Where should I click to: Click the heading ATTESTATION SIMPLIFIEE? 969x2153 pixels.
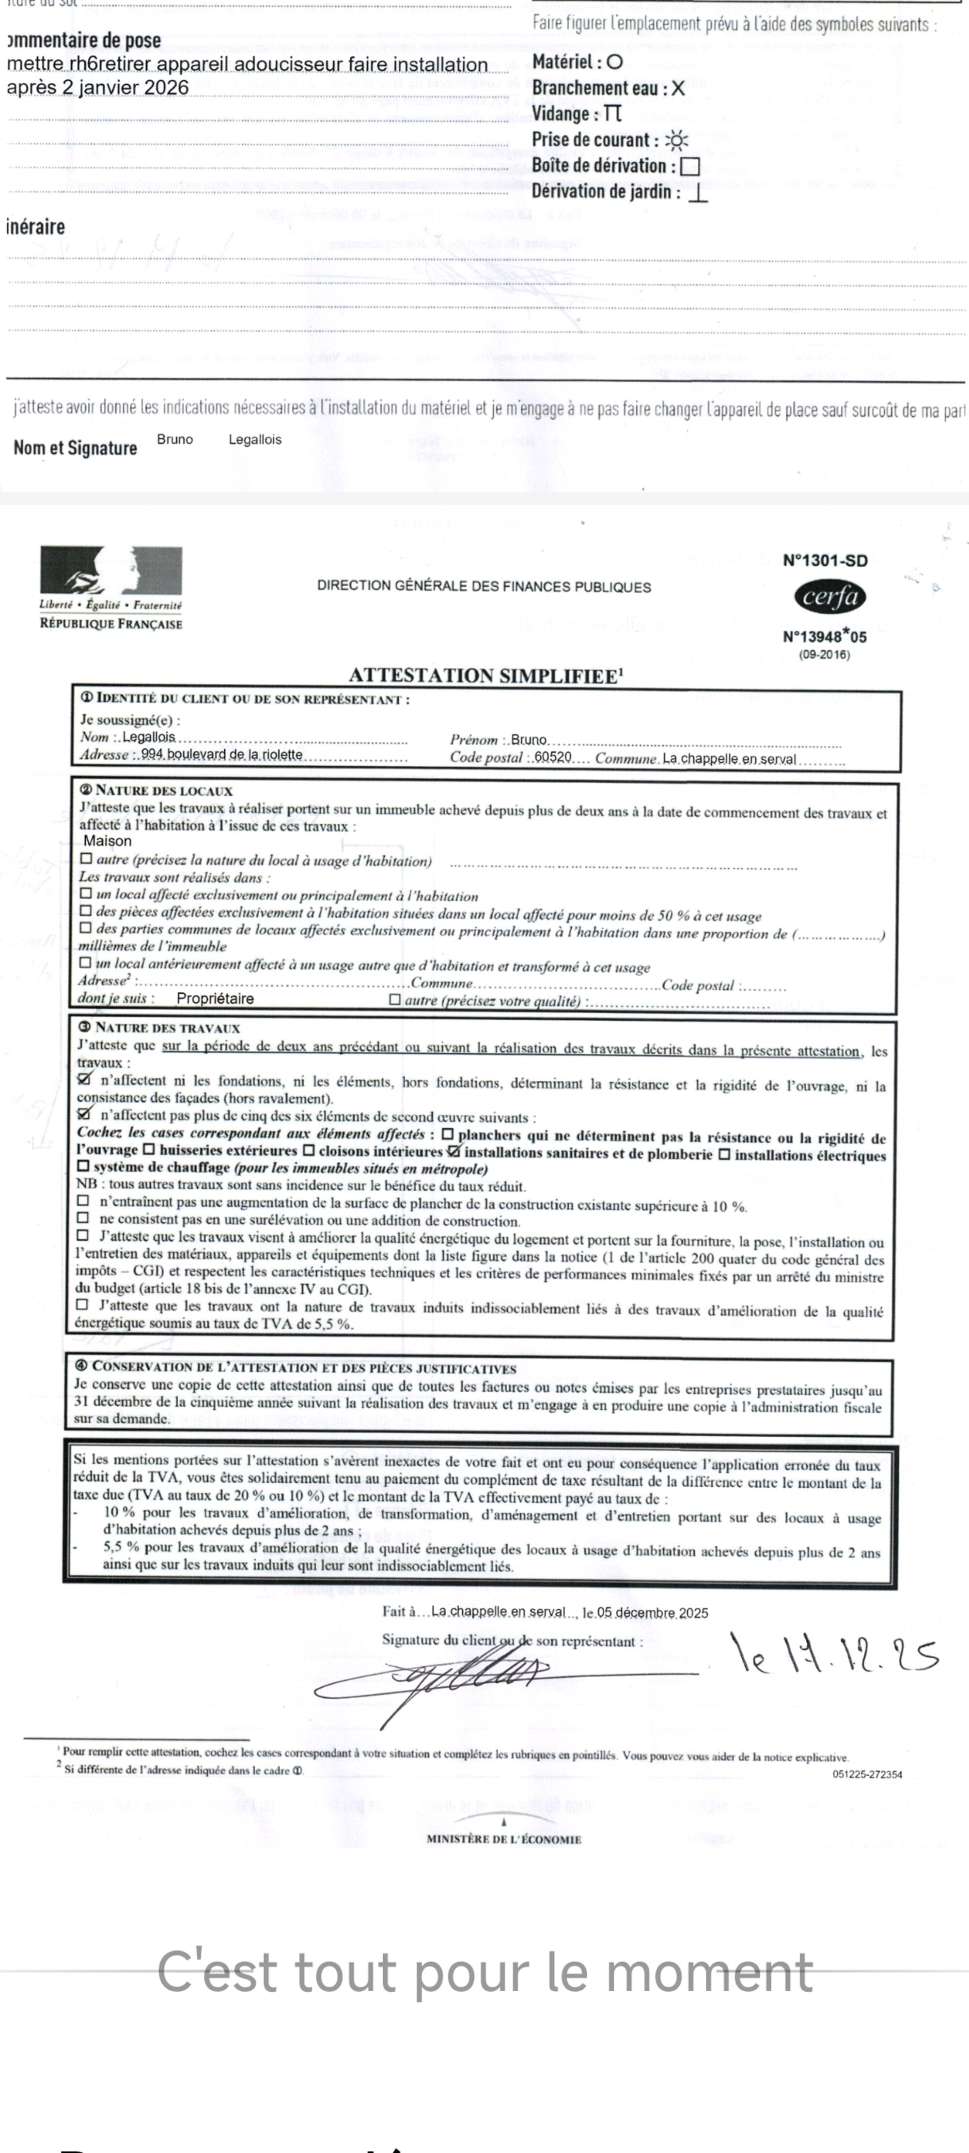pos(485,676)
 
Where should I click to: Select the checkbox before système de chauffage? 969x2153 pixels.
pos(83,1166)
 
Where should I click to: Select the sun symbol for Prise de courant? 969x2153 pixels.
pos(676,140)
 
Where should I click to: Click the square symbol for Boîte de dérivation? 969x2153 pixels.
pos(690,166)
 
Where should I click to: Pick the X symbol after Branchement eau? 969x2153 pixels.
pos(678,89)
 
